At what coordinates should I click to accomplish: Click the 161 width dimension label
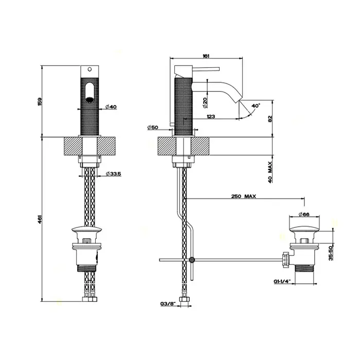pyautogui.click(x=206, y=56)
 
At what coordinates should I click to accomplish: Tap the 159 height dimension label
pyautogui.click(x=40, y=101)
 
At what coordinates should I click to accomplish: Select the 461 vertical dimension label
pyautogui.click(x=40, y=219)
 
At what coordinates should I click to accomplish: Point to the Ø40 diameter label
pyautogui.click(x=111, y=106)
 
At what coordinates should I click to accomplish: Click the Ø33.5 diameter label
pyautogui.click(x=114, y=174)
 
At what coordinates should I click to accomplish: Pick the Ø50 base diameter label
pyautogui.click(x=153, y=127)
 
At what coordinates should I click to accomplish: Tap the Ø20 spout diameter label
pyautogui.click(x=205, y=103)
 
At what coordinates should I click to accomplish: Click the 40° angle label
pyautogui.click(x=256, y=106)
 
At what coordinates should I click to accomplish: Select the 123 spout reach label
pyautogui.click(x=211, y=116)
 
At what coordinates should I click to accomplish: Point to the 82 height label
pyautogui.click(x=270, y=119)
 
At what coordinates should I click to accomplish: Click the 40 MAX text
pyautogui.click(x=270, y=172)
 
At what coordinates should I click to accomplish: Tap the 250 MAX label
pyautogui.click(x=243, y=196)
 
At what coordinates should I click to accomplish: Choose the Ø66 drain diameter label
pyautogui.click(x=304, y=214)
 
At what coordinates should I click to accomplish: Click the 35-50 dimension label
pyautogui.click(x=331, y=253)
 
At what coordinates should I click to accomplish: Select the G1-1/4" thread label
pyautogui.click(x=282, y=281)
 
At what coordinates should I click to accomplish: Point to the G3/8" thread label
pyautogui.click(x=168, y=304)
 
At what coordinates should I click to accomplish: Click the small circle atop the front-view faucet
pyautogui.click(x=90, y=69)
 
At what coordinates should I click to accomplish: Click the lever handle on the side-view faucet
pyautogui.click(x=206, y=69)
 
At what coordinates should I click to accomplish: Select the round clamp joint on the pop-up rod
pyautogui.click(x=192, y=260)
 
